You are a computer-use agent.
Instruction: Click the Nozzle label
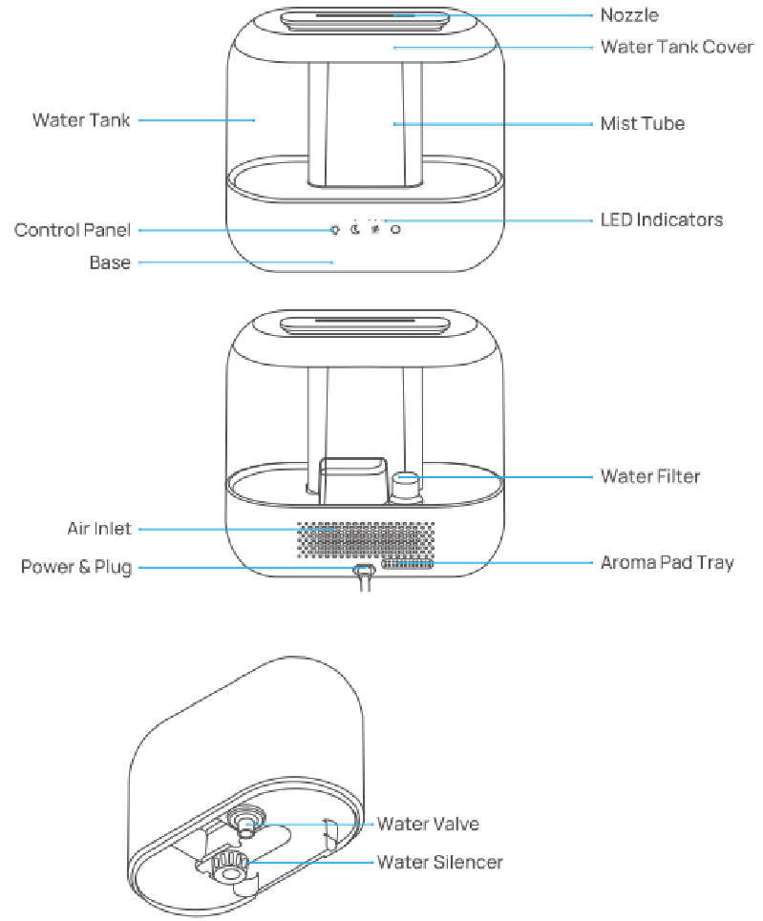click(x=629, y=15)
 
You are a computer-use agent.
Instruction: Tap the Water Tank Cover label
click(x=677, y=47)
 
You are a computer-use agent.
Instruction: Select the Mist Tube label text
click(x=642, y=124)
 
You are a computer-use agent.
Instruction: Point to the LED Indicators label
click(x=661, y=220)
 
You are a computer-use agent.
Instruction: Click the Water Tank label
click(x=81, y=120)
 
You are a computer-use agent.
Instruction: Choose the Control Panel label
click(x=73, y=230)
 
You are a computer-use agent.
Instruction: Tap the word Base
click(x=110, y=262)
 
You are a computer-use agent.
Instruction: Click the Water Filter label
click(x=650, y=475)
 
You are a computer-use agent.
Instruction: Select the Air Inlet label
click(x=99, y=529)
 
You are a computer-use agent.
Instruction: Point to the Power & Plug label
click(x=76, y=568)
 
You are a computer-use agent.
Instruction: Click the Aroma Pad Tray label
click(x=667, y=562)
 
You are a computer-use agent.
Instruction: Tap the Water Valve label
click(x=428, y=824)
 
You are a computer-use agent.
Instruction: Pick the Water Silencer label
click(x=439, y=863)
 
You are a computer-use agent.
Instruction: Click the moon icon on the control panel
click(x=354, y=229)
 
